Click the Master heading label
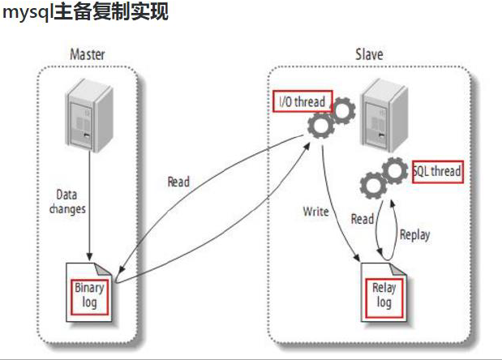pos(88,54)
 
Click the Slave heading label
pos(369,54)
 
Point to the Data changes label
pos(67,202)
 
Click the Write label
pos(316,212)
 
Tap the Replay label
pos(415,234)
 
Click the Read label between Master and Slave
pos(178,182)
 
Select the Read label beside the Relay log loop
pos(363,219)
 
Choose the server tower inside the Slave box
pos(385,115)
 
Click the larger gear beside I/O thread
pos(321,125)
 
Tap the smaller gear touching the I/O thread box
pos(343,111)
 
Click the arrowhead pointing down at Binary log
pos(90,257)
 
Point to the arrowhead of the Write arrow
pos(357,257)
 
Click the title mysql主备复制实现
pos(85,12)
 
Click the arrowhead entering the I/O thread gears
pos(307,147)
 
